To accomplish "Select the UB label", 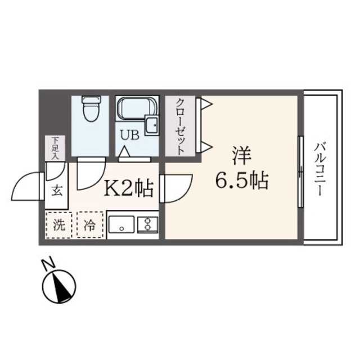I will point(125,135).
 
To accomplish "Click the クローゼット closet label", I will point(180,127).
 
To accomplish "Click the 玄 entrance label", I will point(57,190).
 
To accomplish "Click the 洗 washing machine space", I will point(58,224).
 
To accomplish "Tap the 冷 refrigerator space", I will point(90,224).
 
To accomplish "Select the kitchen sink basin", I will point(121,225).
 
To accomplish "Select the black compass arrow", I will point(59,286).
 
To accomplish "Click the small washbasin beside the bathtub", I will point(151,125).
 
